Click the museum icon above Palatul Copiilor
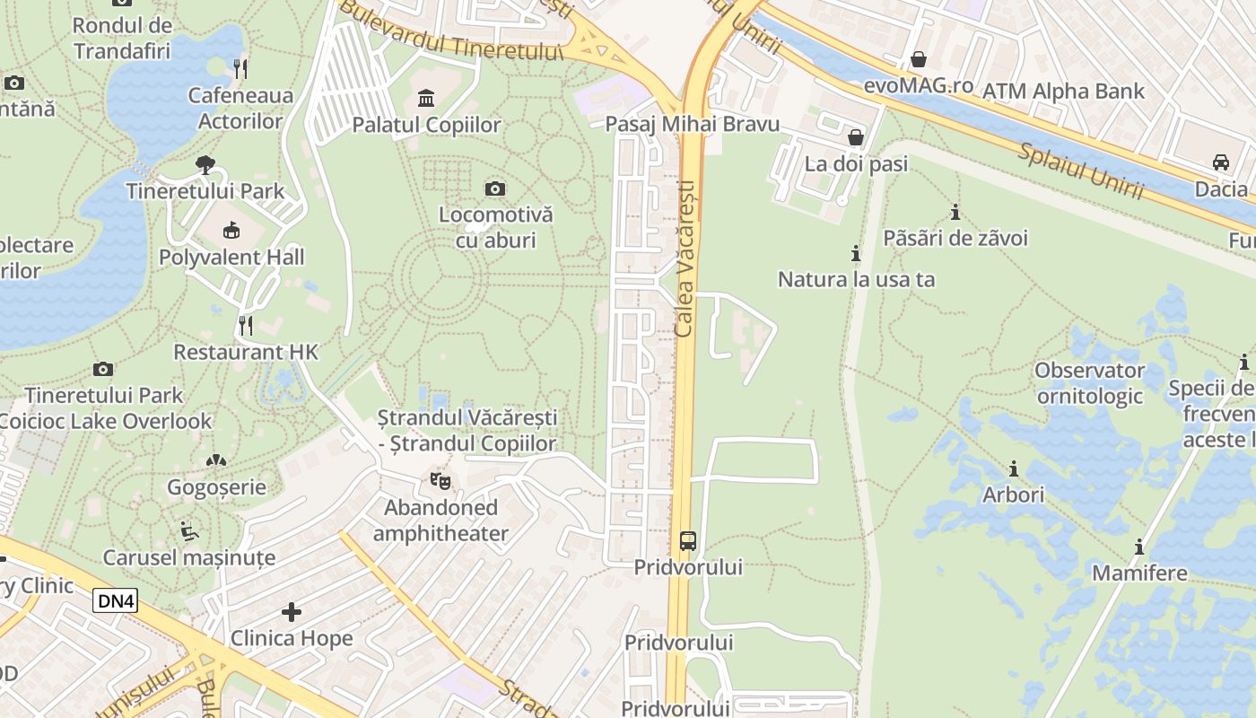(426, 97)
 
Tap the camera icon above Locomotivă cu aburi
(494, 188)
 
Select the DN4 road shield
(116, 600)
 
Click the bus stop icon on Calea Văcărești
(687, 540)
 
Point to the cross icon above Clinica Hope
(292, 612)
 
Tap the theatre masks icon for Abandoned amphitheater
(440, 481)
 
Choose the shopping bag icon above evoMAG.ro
(918, 59)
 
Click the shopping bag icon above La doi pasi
(855, 137)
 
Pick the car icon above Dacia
(1220, 162)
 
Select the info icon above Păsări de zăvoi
(955, 213)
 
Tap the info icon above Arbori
(1014, 468)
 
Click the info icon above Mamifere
(1139, 547)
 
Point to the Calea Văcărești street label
(685, 258)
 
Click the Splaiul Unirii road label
(1080, 171)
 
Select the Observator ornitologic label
(1089, 383)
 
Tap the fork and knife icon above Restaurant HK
(246, 325)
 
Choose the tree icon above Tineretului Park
(205, 164)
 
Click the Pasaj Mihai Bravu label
(693, 124)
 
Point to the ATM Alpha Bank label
(1063, 91)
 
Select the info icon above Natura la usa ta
(856, 253)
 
